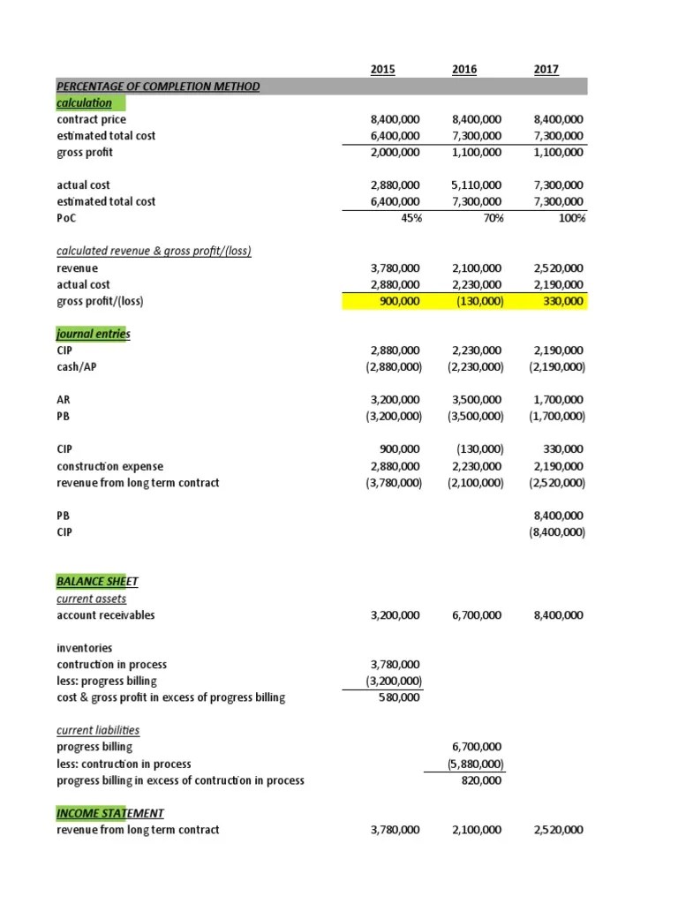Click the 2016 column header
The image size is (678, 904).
point(463,69)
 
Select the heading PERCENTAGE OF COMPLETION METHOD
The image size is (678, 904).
point(158,87)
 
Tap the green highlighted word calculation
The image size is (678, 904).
point(85,102)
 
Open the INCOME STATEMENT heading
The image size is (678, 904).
point(109,812)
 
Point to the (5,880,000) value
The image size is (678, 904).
point(478,764)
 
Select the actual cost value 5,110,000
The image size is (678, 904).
point(477,185)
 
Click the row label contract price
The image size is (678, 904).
point(91,119)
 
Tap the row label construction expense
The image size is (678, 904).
point(109,466)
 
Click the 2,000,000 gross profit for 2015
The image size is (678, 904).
point(395,152)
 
